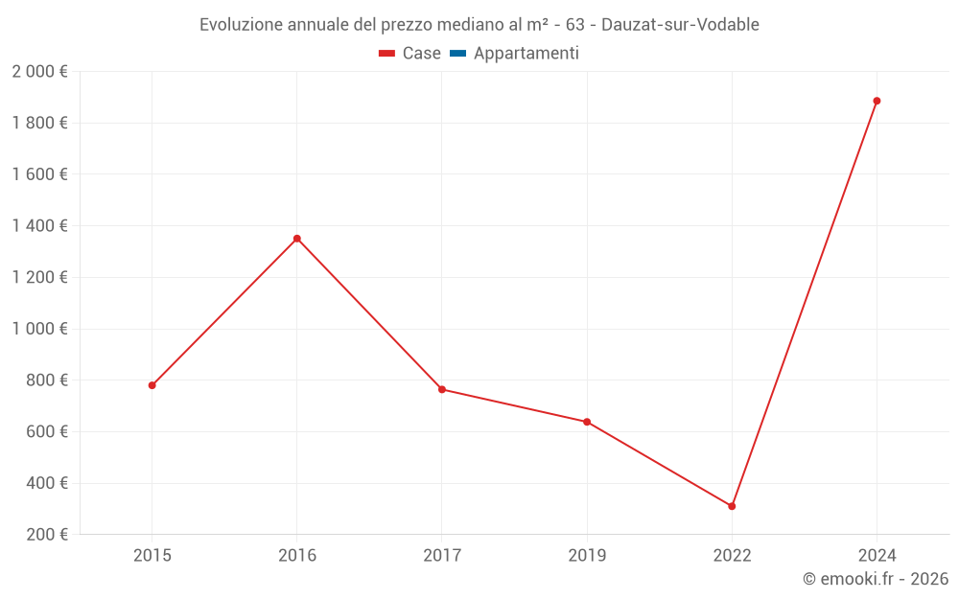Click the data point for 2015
[152, 385]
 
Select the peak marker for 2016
[297, 239]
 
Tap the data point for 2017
[442, 389]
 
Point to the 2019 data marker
[587, 422]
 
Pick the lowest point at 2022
[732, 506]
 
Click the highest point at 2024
[877, 101]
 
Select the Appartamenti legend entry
[526, 54]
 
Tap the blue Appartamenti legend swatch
[457, 54]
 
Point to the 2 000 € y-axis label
[39, 72]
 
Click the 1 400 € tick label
[39, 226]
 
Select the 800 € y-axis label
[45, 380]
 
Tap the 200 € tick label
[45, 535]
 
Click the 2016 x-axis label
[297, 555]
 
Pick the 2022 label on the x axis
[732, 555]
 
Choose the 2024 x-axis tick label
[877, 555]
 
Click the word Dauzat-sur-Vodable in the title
[680, 25]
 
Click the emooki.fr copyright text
[876, 579]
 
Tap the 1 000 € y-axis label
[39, 329]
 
